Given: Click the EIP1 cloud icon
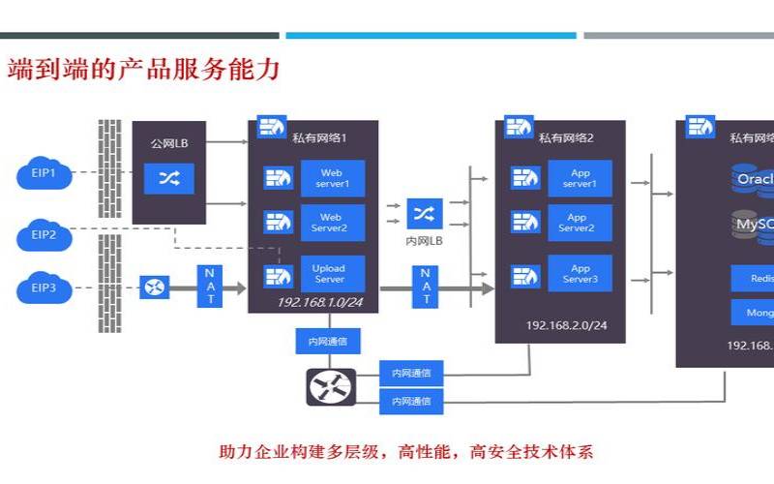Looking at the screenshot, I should pyautogui.click(x=45, y=174).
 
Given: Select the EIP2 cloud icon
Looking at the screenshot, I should pyautogui.click(x=45, y=234).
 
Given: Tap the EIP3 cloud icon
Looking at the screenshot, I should pyautogui.click(x=45, y=287).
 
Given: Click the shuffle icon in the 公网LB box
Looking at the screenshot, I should pyautogui.click(x=168, y=178).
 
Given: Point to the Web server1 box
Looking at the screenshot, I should pyautogui.click(x=332, y=178).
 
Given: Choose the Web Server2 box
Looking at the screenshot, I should pyautogui.click(x=332, y=223).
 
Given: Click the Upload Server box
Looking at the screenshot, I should pyautogui.click(x=329, y=274).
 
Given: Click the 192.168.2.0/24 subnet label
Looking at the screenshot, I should pyautogui.click(x=566, y=325).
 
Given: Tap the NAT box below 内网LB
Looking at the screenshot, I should pyautogui.click(x=425, y=287).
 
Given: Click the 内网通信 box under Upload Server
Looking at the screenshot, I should pyautogui.click(x=329, y=341).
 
